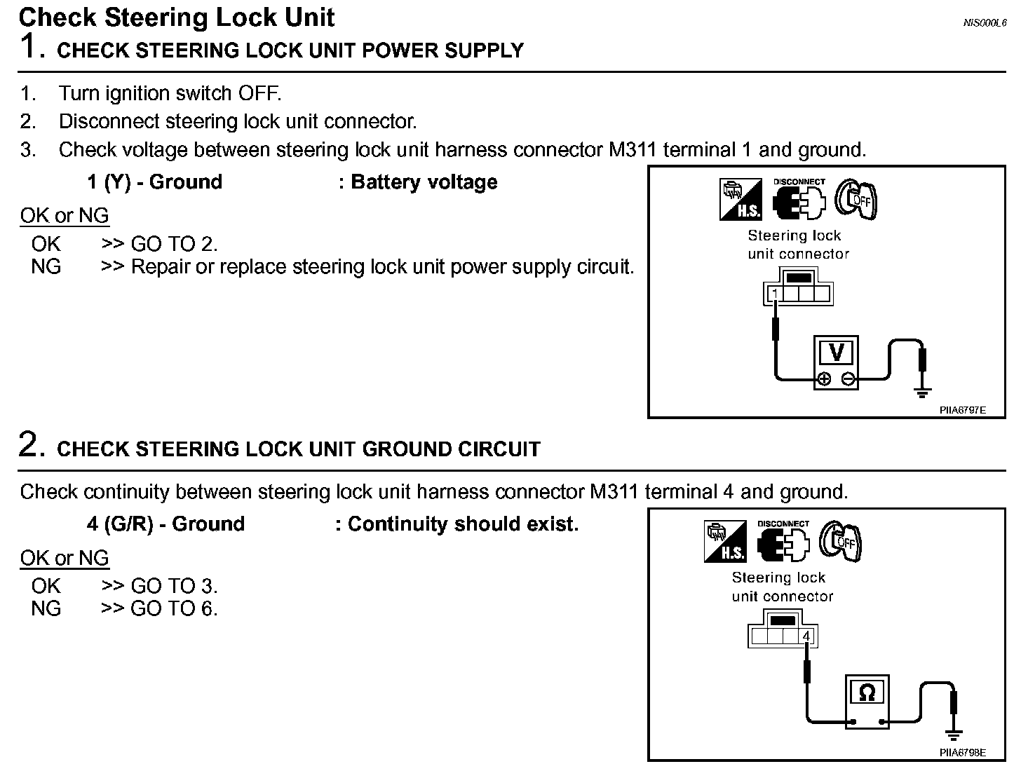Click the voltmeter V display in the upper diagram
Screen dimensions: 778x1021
[x=836, y=352]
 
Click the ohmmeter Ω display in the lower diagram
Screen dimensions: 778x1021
[x=867, y=693]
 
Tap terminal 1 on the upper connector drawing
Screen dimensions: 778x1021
[x=775, y=293]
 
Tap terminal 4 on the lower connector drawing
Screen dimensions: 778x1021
[x=806, y=636]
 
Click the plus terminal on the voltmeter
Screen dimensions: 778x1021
[x=824, y=379]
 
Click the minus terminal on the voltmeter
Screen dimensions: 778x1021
[x=848, y=379]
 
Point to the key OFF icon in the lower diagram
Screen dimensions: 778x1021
[x=841, y=541]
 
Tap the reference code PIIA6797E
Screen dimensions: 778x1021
[x=962, y=410]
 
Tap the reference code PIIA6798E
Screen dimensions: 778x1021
[x=962, y=753]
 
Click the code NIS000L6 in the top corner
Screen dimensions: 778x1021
[x=984, y=22]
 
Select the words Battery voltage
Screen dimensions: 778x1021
[x=424, y=182]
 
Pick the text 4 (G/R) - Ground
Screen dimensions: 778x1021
[x=166, y=524]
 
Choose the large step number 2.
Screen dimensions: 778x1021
[x=31, y=446]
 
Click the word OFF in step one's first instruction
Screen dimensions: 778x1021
[x=259, y=93]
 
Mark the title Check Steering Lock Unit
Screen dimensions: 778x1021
[x=177, y=17]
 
